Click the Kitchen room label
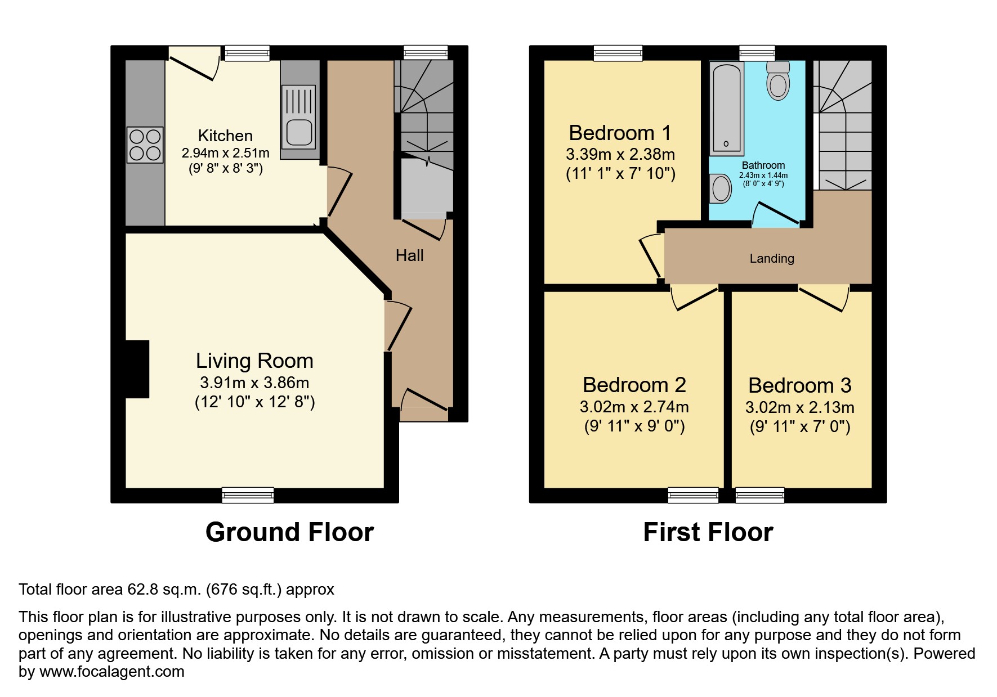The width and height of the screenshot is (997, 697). (x=225, y=136)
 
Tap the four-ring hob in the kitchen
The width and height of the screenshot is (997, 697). (x=145, y=145)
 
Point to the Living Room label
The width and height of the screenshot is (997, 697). (x=254, y=361)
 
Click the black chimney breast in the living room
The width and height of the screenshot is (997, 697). (x=137, y=369)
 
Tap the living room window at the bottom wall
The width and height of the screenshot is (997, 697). (x=248, y=495)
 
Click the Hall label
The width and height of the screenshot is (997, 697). (x=409, y=255)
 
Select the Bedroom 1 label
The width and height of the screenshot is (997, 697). (x=620, y=133)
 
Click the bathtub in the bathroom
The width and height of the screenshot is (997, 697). (x=726, y=109)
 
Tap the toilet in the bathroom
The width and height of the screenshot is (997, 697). (x=778, y=80)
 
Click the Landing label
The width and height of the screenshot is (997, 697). (x=772, y=258)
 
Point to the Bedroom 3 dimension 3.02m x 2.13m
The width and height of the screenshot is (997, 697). (x=799, y=407)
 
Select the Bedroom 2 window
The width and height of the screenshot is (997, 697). (x=694, y=495)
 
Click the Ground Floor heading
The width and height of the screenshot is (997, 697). (x=289, y=532)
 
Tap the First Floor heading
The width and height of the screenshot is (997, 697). (x=708, y=532)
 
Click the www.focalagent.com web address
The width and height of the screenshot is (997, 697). (x=112, y=672)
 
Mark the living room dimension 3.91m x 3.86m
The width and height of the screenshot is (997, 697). (x=254, y=383)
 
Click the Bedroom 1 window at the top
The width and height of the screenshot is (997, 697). (x=618, y=53)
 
